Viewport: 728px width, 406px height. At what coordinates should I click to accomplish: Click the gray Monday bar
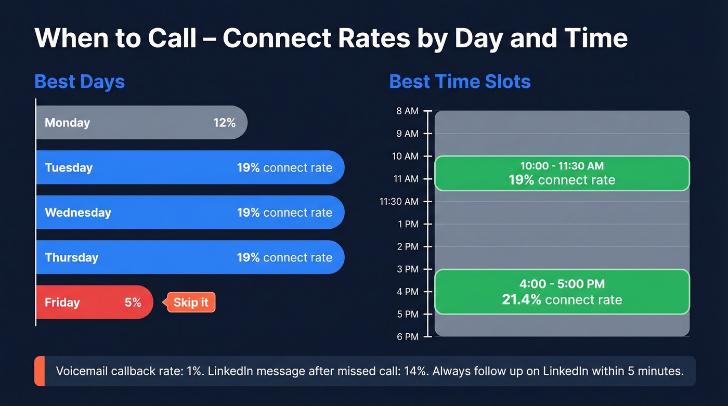[x=140, y=123]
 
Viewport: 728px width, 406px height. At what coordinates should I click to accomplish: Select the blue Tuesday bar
[x=190, y=167]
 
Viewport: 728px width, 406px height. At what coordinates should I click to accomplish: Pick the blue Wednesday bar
[x=190, y=213]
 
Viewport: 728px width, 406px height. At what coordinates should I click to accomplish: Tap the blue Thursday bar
[x=190, y=257]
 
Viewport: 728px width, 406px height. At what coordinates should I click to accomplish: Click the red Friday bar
[x=94, y=303]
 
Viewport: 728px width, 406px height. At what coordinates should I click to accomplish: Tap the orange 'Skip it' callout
[x=190, y=303]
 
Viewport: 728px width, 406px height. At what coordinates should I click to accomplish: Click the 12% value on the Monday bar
[x=224, y=123]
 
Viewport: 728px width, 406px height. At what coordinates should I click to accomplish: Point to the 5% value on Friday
[x=133, y=303]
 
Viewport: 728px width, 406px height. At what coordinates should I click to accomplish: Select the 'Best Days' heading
[x=80, y=82]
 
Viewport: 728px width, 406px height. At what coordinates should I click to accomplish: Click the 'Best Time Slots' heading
[x=460, y=82]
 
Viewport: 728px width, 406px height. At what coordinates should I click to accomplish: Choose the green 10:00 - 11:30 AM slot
[x=562, y=173]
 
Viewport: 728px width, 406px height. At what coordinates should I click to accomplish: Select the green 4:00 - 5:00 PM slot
[x=562, y=292]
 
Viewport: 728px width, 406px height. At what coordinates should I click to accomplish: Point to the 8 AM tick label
[x=407, y=111]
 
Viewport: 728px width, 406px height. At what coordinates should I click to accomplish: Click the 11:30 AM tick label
[x=399, y=202]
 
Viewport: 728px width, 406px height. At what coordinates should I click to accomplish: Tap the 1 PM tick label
[x=408, y=224]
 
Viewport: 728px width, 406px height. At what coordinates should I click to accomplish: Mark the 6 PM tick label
[x=408, y=337]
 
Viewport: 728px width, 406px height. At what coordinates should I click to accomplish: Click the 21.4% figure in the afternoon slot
[x=522, y=300]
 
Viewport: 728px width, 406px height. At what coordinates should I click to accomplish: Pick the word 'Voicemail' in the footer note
[x=81, y=371]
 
